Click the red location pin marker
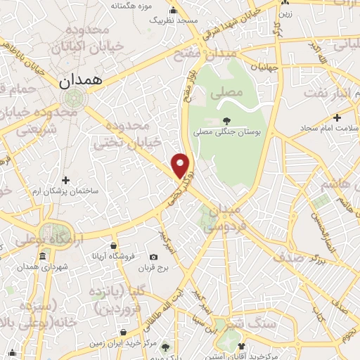click(x=181, y=164)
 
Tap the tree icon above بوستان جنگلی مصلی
click(x=226, y=120)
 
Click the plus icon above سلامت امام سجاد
click(x=337, y=117)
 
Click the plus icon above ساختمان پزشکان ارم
click(x=65, y=180)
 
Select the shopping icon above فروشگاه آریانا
click(x=113, y=246)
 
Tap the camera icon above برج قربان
click(x=154, y=257)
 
